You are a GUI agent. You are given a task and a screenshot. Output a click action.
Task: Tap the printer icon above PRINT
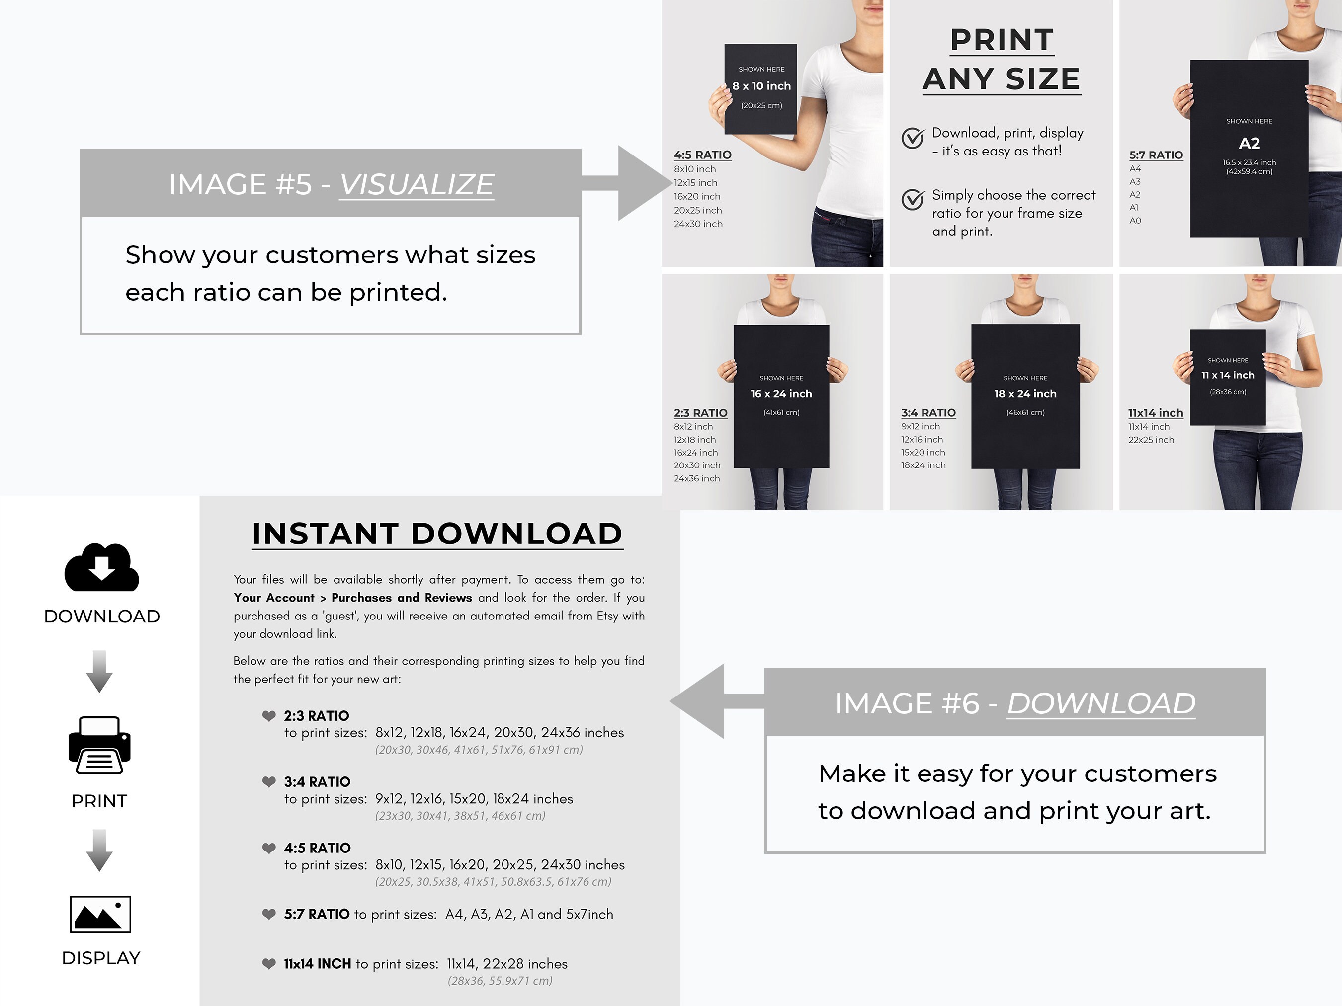click(x=99, y=745)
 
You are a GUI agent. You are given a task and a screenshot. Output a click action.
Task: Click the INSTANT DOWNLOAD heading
click(x=437, y=534)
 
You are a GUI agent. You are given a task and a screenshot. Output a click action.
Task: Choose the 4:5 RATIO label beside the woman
click(x=702, y=155)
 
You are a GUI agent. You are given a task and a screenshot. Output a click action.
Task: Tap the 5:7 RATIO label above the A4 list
click(x=1156, y=155)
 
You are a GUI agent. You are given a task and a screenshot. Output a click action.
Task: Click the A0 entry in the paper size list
click(x=1135, y=220)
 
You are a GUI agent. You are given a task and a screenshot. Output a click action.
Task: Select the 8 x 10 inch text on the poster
click(x=761, y=86)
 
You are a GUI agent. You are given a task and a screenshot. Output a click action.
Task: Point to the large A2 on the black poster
click(x=1249, y=143)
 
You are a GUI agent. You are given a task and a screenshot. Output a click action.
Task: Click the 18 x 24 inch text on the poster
click(x=1025, y=393)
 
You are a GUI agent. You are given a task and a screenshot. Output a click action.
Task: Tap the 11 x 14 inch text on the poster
click(x=1228, y=375)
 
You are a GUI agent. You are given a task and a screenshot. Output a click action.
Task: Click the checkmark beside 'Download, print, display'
click(x=913, y=138)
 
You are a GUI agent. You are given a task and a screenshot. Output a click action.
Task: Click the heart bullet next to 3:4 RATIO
click(x=269, y=781)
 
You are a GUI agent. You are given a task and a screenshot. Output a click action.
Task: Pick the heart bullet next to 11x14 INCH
click(x=269, y=964)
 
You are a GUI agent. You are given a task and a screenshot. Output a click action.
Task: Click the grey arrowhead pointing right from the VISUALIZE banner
click(x=643, y=182)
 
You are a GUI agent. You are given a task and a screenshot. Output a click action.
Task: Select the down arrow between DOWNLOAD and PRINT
click(x=99, y=671)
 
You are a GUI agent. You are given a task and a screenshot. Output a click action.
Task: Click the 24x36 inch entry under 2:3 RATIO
click(x=697, y=478)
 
